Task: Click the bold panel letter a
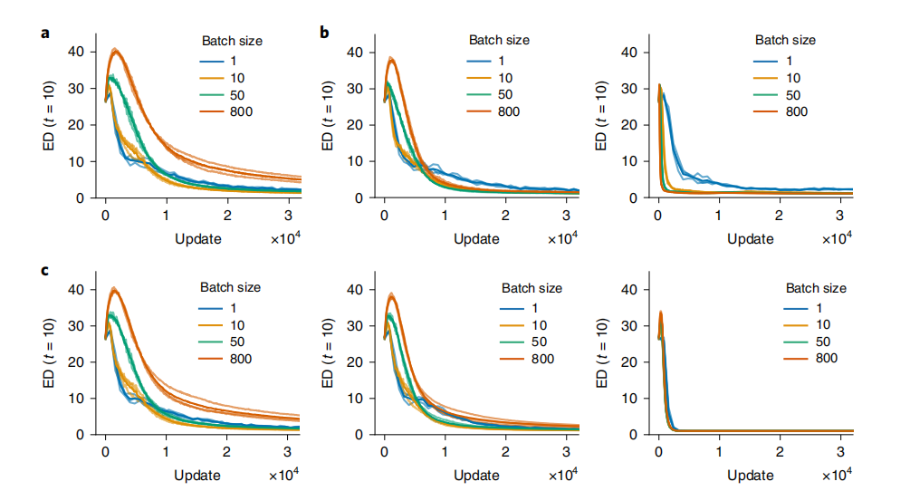click(45, 34)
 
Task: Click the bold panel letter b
click(325, 34)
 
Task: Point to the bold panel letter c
click(45, 270)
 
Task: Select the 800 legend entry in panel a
click(240, 111)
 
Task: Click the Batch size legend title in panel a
click(230, 40)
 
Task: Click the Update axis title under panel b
click(475, 238)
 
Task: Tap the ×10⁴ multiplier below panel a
click(284, 238)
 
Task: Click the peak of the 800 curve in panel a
click(115, 50)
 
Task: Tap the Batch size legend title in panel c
click(230, 287)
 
